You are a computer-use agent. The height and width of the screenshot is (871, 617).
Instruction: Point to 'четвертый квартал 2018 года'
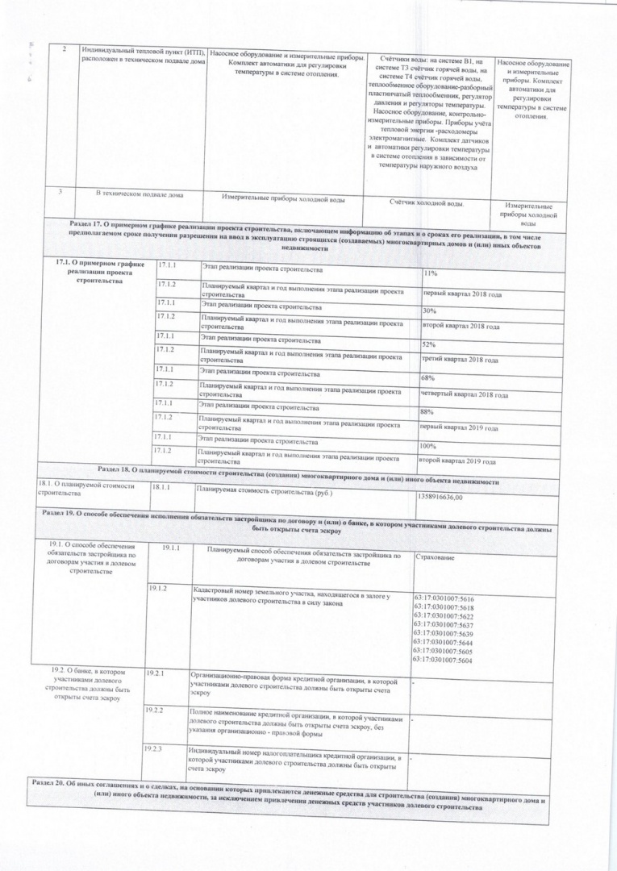[464, 395]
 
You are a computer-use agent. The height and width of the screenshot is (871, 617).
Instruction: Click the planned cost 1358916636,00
[440, 497]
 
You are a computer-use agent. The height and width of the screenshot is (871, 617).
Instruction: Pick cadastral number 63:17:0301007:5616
[443, 599]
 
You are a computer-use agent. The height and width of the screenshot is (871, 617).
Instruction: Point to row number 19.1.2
[157, 588]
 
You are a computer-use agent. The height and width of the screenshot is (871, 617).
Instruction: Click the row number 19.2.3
[152, 749]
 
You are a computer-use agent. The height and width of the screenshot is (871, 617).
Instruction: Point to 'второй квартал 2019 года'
[456, 461]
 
